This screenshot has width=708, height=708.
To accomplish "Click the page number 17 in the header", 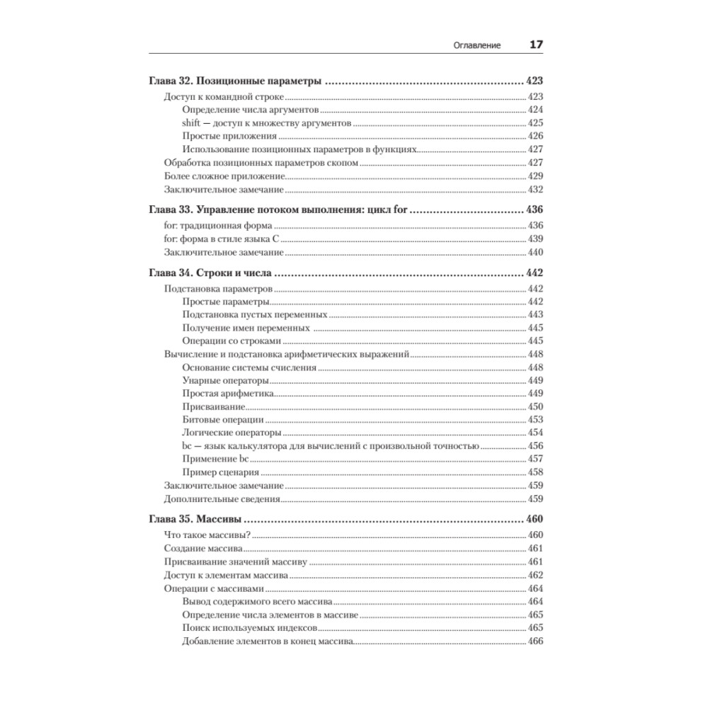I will [x=536, y=45].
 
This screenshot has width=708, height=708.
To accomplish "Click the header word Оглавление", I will [x=476, y=45].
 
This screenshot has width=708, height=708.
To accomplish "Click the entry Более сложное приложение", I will [x=224, y=176].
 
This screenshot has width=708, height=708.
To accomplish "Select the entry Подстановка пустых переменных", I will [x=254, y=314].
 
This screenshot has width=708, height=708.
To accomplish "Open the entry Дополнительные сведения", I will [x=222, y=498].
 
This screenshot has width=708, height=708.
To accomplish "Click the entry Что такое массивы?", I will [x=208, y=535].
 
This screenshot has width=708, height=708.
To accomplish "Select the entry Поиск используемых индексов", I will [x=248, y=628].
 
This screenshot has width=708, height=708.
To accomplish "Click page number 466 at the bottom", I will [x=535, y=641].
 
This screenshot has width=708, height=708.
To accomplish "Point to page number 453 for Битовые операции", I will [x=535, y=419].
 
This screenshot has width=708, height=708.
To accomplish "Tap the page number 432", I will [x=535, y=189].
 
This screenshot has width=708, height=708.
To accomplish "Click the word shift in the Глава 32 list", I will [x=192, y=122].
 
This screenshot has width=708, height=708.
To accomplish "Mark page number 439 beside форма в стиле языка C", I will [x=535, y=239].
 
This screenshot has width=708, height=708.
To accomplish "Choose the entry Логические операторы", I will [x=231, y=433].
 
